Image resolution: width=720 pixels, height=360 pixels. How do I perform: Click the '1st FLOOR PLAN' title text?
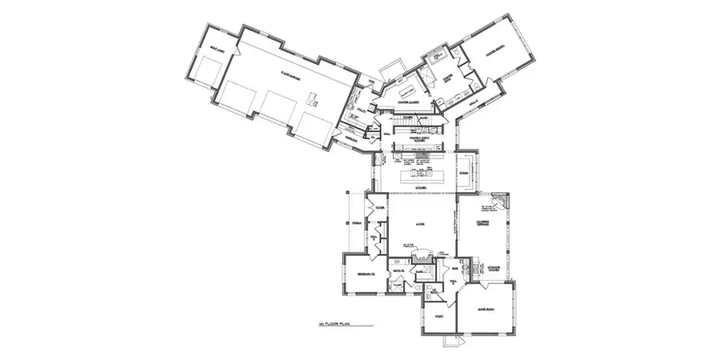click(x=333, y=324)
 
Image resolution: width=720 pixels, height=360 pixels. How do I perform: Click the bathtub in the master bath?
click(x=438, y=55)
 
